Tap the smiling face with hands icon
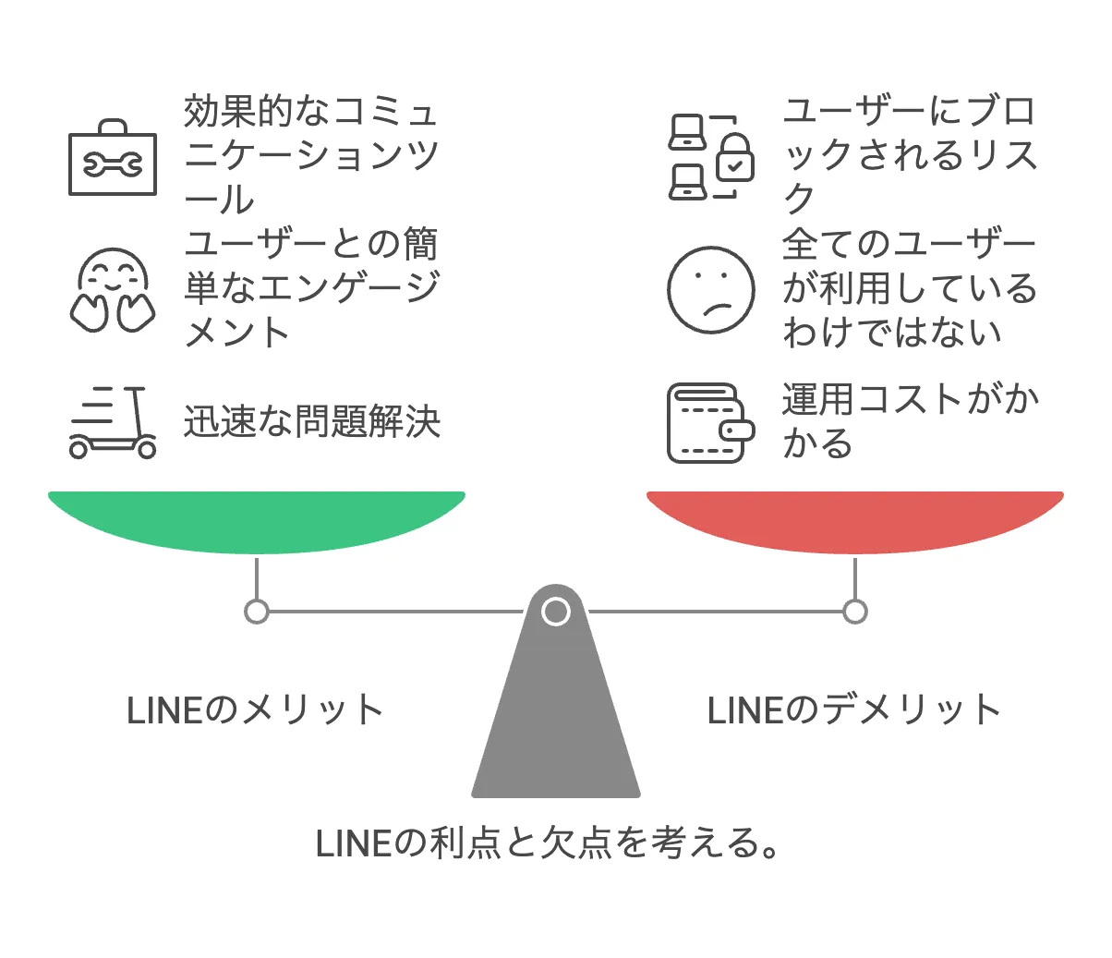[x=113, y=290]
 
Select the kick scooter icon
[x=113, y=422]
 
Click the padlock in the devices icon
[x=735, y=157]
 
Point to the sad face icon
[x=710, y=290]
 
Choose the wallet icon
[x=710, y=422]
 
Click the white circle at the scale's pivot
[x=556, y=612]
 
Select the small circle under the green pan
[x=257, y=612]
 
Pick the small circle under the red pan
[x=855, y=612]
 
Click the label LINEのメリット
[x=255, y=710]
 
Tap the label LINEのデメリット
[x=853, y=710]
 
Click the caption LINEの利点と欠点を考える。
[x=547, y=843]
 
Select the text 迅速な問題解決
[x=312, y=421]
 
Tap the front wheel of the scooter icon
[x=147, y=449]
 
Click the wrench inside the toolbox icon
[x=113, y=164]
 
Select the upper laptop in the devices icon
[x=687, y=132]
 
